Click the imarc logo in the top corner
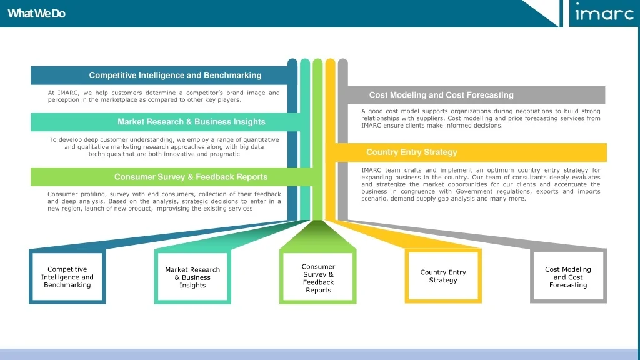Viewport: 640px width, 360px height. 603,12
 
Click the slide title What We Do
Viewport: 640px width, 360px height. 36,13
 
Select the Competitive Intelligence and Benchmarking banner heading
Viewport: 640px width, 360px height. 175,75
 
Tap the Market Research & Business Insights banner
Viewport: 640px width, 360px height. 191,122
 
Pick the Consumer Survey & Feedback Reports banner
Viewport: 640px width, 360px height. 191,177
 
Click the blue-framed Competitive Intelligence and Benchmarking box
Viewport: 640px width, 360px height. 67,277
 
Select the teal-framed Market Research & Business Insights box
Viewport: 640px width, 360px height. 192,277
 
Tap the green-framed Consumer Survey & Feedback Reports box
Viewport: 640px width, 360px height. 318,278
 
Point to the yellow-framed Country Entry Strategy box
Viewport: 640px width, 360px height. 443,276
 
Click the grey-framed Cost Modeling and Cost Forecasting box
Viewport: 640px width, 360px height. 568,277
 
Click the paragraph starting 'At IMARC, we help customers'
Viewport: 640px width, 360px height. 164,96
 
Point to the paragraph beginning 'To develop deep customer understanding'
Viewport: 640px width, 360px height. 164,146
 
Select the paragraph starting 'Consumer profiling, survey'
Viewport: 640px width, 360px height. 164,201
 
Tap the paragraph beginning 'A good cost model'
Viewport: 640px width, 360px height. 480,118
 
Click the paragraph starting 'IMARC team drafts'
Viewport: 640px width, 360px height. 480,184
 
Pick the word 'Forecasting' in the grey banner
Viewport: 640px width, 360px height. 490,95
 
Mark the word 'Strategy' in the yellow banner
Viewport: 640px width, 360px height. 441,152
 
